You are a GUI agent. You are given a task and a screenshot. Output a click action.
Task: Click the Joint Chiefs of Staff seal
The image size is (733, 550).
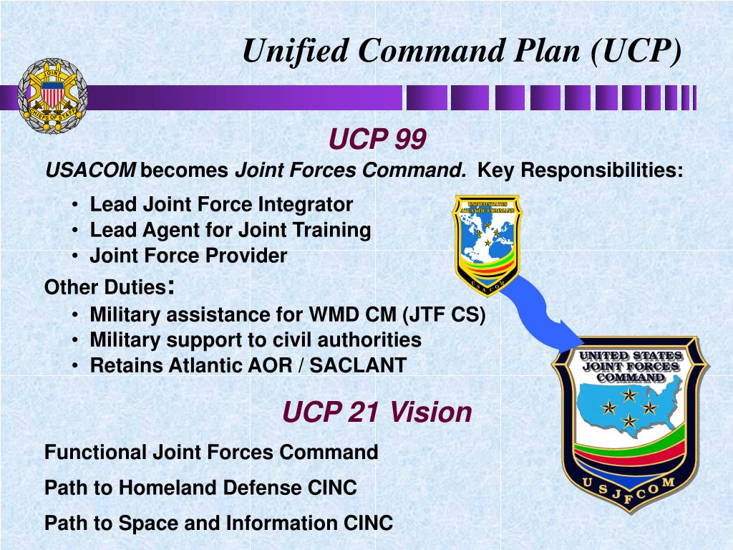[x=52, y=96]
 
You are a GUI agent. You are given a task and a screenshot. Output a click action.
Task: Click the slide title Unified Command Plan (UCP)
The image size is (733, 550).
[x=462, y=51]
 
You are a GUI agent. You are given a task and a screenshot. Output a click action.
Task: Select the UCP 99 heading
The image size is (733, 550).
[x=377, y=140]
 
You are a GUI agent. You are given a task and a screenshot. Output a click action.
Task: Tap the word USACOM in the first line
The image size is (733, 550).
[x=90, y=171]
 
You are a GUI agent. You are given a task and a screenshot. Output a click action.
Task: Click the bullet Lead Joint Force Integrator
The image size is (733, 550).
[x=221, y=205]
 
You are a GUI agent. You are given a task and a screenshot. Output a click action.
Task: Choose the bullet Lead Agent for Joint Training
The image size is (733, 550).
[x=230, y=230]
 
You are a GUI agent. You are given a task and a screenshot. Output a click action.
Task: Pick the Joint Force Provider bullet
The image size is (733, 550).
[x=188, y=256]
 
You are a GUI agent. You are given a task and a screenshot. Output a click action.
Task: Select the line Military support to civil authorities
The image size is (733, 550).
[x=256, y=339]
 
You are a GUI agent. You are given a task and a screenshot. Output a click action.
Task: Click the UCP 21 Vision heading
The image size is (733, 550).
[x=377, y=412]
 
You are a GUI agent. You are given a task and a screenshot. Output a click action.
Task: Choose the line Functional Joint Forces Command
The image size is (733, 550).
[x=211, y=452]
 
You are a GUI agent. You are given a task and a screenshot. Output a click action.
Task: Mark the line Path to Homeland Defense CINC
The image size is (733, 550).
[x=200, y=488]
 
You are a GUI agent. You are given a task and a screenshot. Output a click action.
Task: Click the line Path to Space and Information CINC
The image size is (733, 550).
[x=218, y=524]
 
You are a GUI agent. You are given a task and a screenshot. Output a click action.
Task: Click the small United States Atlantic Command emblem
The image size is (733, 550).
[x=487, y=243]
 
